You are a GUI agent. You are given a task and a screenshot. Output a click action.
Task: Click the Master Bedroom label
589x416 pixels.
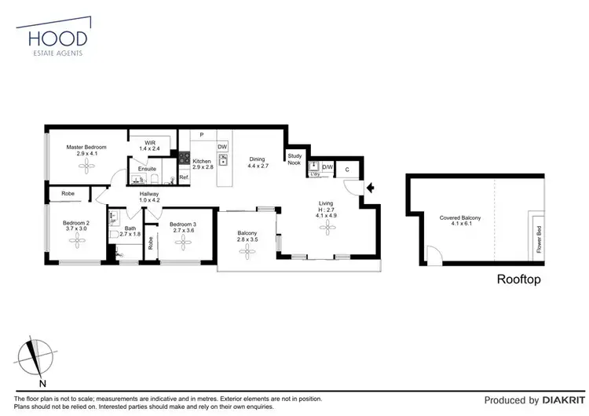[86, 147]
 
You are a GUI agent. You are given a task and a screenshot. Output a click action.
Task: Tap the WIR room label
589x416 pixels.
[149, 142]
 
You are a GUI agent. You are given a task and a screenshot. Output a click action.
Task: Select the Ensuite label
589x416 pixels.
[147, 169]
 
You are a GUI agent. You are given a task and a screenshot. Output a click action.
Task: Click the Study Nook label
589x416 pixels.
[294, 159]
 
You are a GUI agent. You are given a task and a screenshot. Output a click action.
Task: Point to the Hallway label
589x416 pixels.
[149, 194]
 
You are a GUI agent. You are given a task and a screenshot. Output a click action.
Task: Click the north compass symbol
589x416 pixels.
[33, 356]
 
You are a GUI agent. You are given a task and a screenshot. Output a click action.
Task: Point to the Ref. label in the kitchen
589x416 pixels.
[183, 177]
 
